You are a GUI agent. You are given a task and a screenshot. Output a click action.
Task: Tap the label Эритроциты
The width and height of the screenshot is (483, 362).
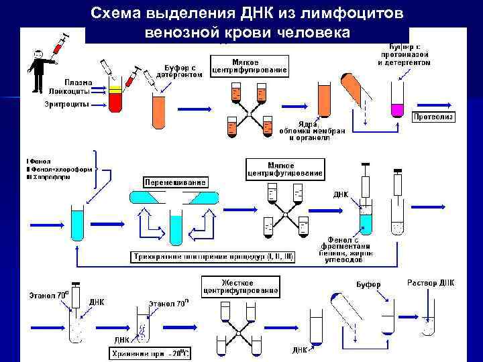coord(67,104)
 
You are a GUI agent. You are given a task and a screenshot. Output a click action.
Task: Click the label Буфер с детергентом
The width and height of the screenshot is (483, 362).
coord(180,70)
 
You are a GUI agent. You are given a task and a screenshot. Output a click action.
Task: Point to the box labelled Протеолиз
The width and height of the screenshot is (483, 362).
coord(433,117)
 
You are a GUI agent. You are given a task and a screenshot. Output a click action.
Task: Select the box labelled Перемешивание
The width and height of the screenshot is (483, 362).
coord(175,182)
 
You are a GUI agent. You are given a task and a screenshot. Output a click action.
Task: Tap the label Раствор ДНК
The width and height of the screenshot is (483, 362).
coord(431,282)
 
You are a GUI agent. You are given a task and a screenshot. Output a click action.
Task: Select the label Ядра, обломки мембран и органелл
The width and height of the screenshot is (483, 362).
coord(313,131)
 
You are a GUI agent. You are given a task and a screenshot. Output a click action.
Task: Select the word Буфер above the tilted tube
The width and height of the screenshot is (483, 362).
coord(368,285)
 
